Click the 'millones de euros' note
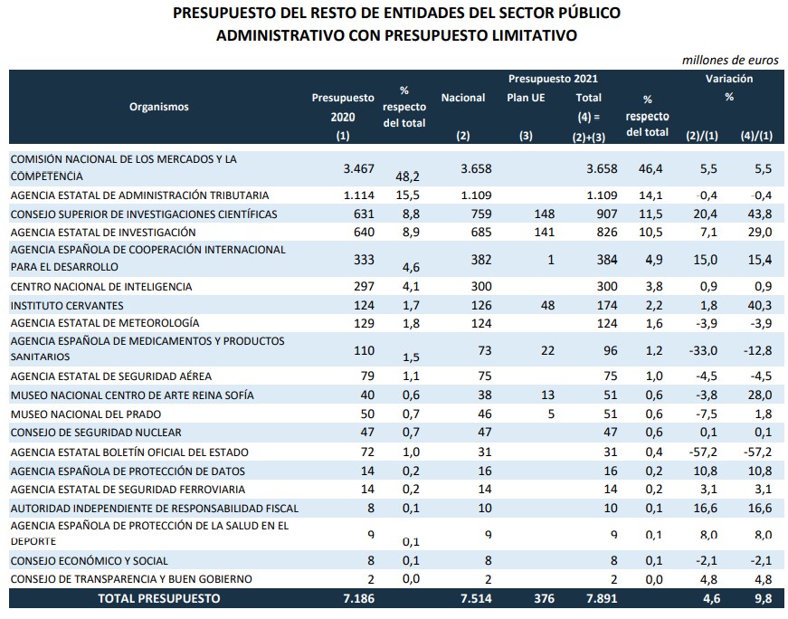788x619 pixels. pyautogui.click(x=729, y=60)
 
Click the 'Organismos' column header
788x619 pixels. pyautogui.click(x=159, y=107)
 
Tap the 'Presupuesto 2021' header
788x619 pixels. pyautogui.click(x=553, y=80)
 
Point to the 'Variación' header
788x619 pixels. pyautogui.click(x=729, y=80)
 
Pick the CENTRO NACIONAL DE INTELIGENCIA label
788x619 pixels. pyautogui.click(x=100, y=287)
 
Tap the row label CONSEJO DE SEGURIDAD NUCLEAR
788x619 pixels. pyautogui.click(x=96, y=432)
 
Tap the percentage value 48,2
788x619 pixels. pyautogui.click(x=403, y=178)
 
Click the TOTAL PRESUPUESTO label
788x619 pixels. pyautogui.click(x=159, y=598)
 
